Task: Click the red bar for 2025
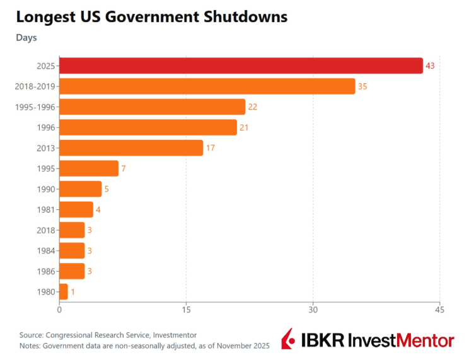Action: [241, 66]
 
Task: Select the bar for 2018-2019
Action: [207, 86]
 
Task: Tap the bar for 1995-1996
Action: [152, 107]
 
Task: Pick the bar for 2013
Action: [131, 148]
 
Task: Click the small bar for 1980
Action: [63, 292]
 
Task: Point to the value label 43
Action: [431, 66]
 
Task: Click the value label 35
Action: [362, 86]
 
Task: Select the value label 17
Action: [211, 148]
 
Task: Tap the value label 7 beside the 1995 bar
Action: [124, 168]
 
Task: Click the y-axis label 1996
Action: [47, 127]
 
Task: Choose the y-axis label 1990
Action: [47, 189]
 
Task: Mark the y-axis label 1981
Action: [47, 210]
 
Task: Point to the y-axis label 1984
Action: [47, 251]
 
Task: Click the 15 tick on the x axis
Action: [186, 310]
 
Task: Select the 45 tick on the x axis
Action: [439, 310]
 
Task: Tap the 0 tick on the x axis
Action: [59, 310]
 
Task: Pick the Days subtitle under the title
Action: [26, 38]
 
